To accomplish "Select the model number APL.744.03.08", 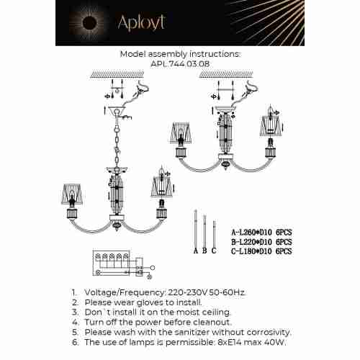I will [179, 63].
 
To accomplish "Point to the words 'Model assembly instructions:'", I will [179, 53].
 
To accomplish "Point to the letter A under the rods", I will [195, 251].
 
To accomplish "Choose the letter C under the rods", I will [213, 251].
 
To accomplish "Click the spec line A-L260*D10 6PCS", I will [261, 233].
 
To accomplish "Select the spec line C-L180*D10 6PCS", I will [261, 251].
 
